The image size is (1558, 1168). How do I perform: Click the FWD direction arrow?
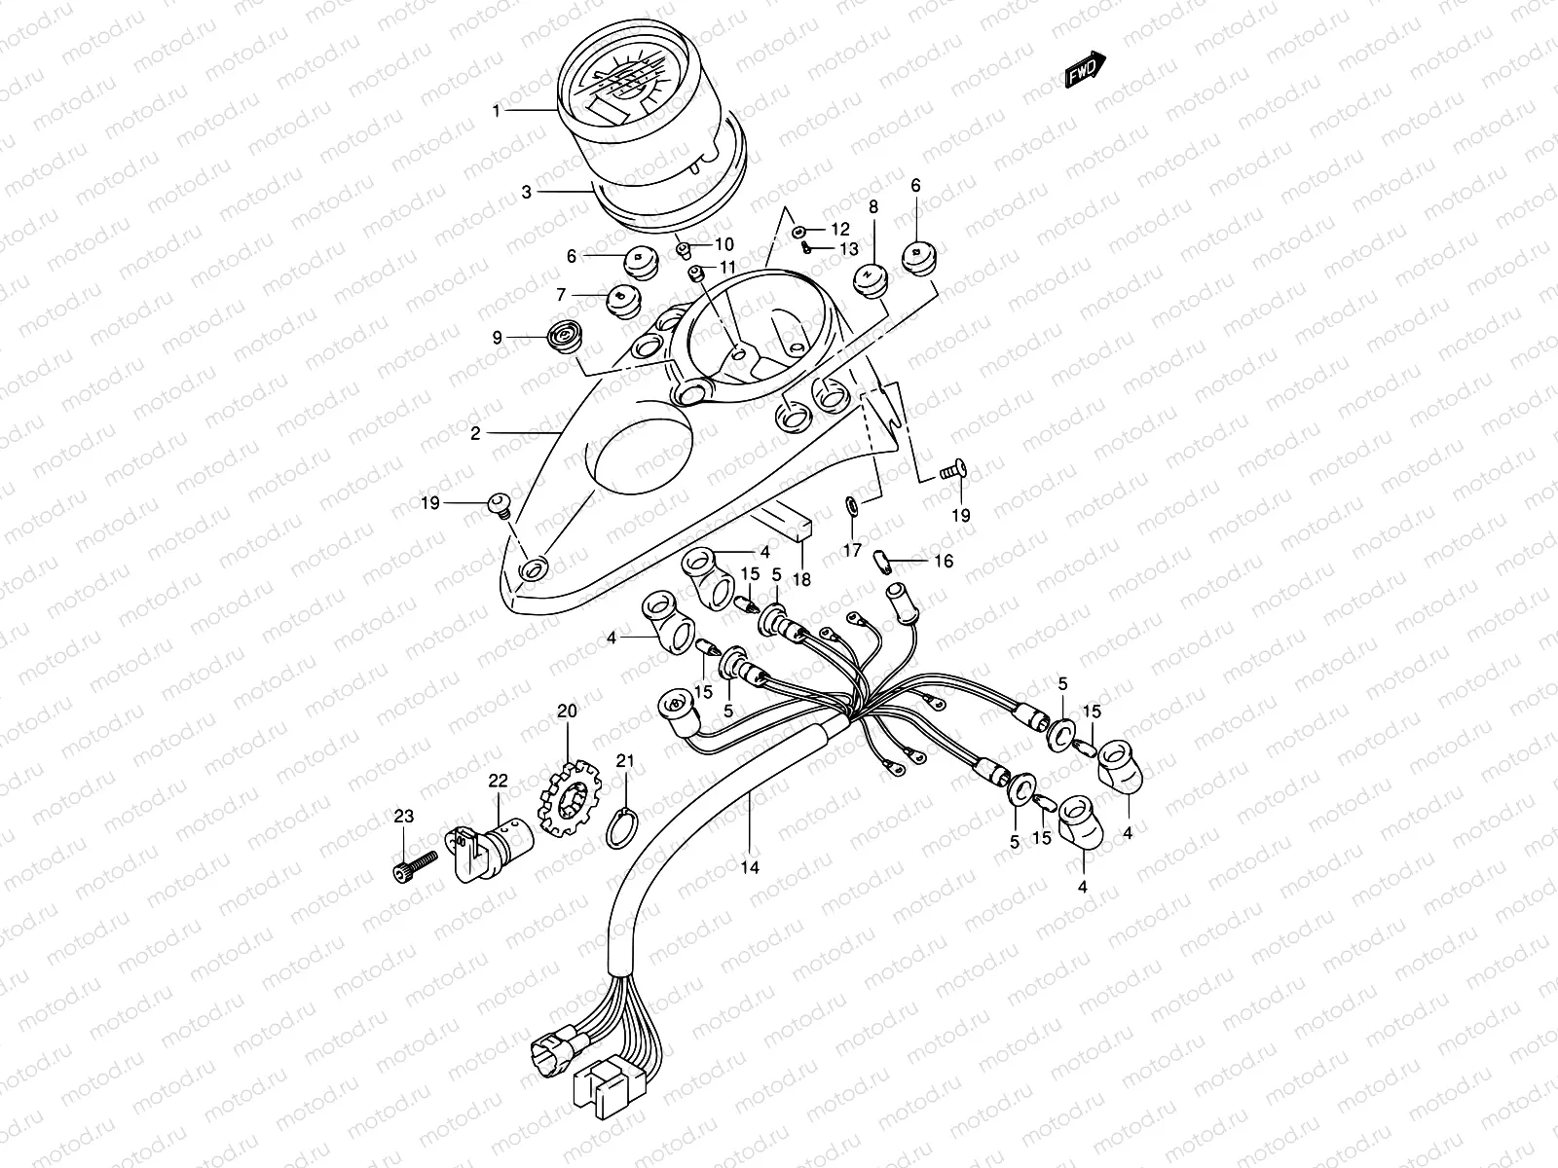point(1085,70)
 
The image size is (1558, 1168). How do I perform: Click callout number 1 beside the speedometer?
point(497,111)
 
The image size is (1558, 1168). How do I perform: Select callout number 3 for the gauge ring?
point(527,193)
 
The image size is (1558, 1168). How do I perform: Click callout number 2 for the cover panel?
point(475,434)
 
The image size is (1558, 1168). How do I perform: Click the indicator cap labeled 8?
point(870,277)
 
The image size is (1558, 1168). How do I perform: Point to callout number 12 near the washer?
point(840,230)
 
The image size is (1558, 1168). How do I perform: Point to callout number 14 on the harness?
point(751,865)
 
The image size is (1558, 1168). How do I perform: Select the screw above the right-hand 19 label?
point(951,471)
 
